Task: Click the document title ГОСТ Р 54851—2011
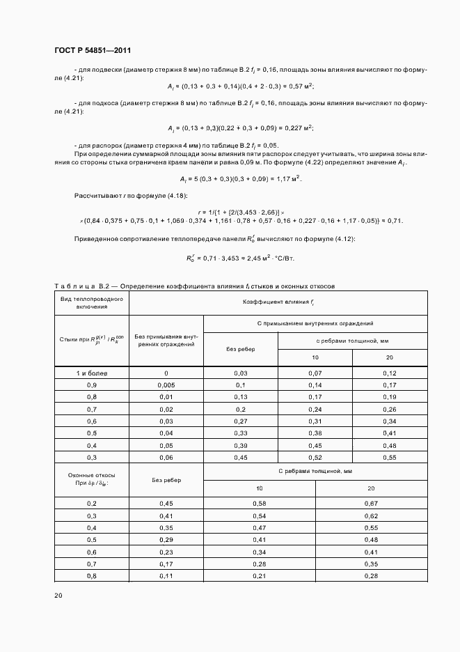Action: pyautogui.click(x=92, y=51)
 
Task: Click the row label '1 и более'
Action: pyautogui.click(x=91, y=373)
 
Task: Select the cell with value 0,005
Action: pyautogui.click(x=166, y=385)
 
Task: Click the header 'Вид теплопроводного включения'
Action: pyautogui.click(x=91, y=302)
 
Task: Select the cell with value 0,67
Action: pyautogui.click(x=371, y=502)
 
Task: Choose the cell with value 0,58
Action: pyautogui.click(x=259, y=502)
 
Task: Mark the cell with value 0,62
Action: pyautogui.click(x=371, y=515)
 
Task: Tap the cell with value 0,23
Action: pyautogui.click(x=166, y=551)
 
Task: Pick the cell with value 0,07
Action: pyautogui.click(x=315, y=373)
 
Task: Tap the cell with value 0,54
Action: pyautogui.click(x=259, y=515)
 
